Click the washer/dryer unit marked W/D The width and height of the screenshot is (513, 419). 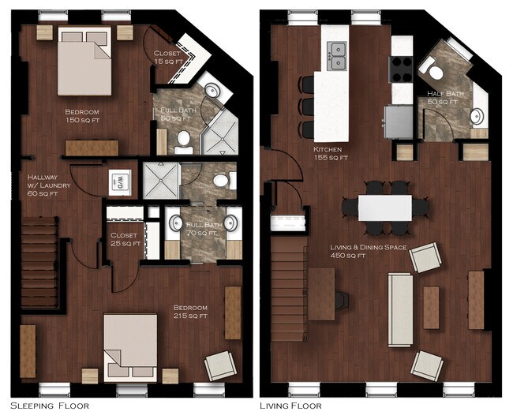pos(120,182)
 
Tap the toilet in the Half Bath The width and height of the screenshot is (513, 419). pos(432,69)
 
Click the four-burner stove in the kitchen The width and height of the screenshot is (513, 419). pos(401,69)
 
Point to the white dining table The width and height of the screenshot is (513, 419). pos(385,208)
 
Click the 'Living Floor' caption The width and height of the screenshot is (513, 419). pos(290,406)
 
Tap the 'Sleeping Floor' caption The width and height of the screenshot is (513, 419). pos(50,406)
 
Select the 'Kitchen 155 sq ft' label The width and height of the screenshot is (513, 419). pos(331,153)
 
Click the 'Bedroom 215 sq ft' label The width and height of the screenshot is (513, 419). pos(190,312)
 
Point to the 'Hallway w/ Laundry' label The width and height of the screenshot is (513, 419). pos(49,185)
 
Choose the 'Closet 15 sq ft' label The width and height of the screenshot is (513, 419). pos(167,58)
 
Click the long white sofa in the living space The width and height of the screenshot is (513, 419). pos(400,309)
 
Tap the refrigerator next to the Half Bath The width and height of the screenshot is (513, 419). pos(399,122)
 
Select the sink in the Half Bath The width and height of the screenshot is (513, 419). pos(477,116)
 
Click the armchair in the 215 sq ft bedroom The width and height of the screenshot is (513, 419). pos(221,365)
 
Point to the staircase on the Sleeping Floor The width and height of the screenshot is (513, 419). pos(40,262)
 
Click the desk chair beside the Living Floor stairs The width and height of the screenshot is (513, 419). pos(342,300)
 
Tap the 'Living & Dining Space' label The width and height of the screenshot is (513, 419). pos(368,247)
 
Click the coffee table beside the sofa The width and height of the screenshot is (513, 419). pos(431,308)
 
